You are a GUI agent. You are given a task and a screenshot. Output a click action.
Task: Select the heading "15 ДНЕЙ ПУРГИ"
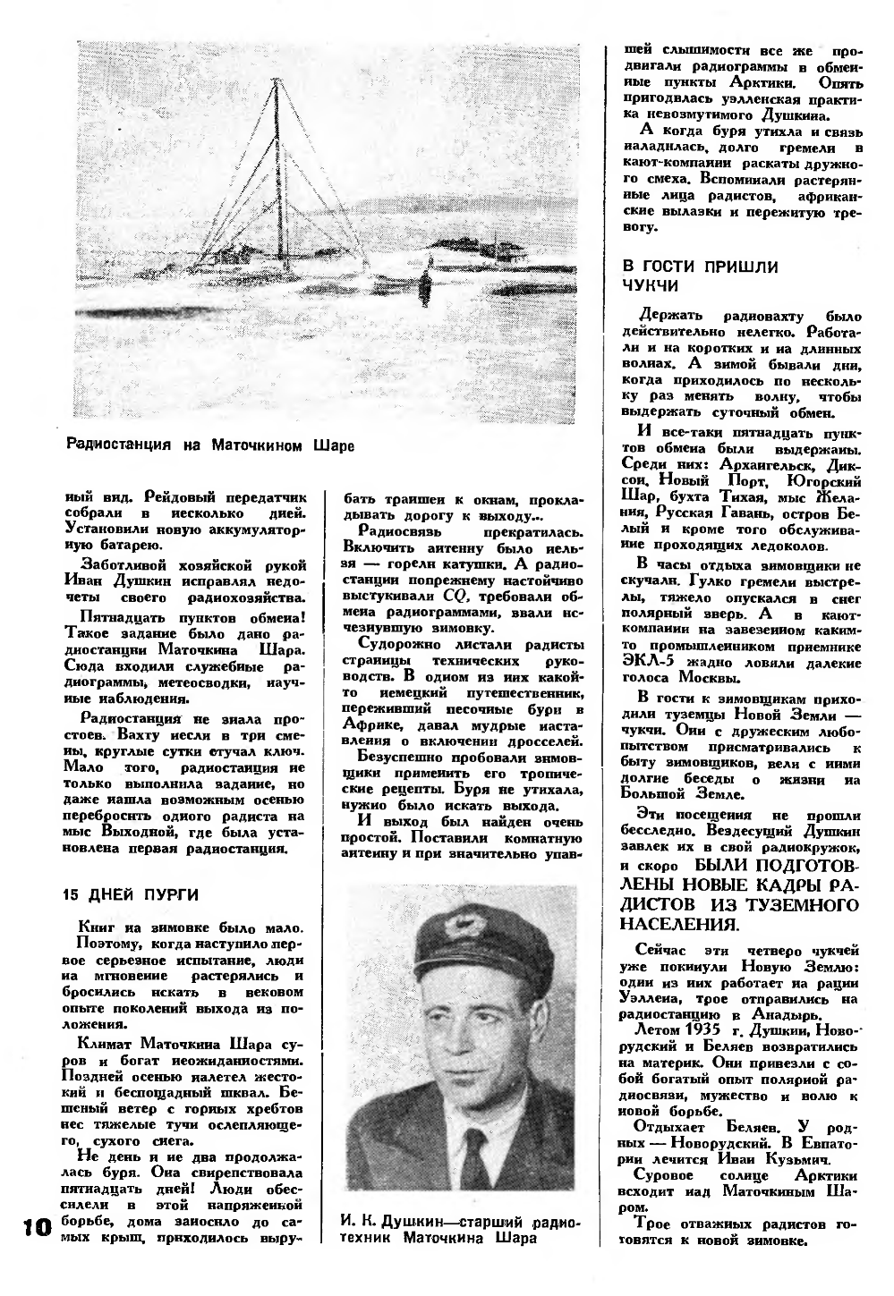point(131,894)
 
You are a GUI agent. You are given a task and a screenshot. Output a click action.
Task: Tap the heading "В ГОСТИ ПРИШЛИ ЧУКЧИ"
point(700,275)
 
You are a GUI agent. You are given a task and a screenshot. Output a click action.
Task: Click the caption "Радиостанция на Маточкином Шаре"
point(209,445)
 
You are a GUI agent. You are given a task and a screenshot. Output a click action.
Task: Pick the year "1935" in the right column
point(703,1027)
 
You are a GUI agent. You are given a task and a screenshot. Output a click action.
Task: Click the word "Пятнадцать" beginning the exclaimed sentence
point(125,617)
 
